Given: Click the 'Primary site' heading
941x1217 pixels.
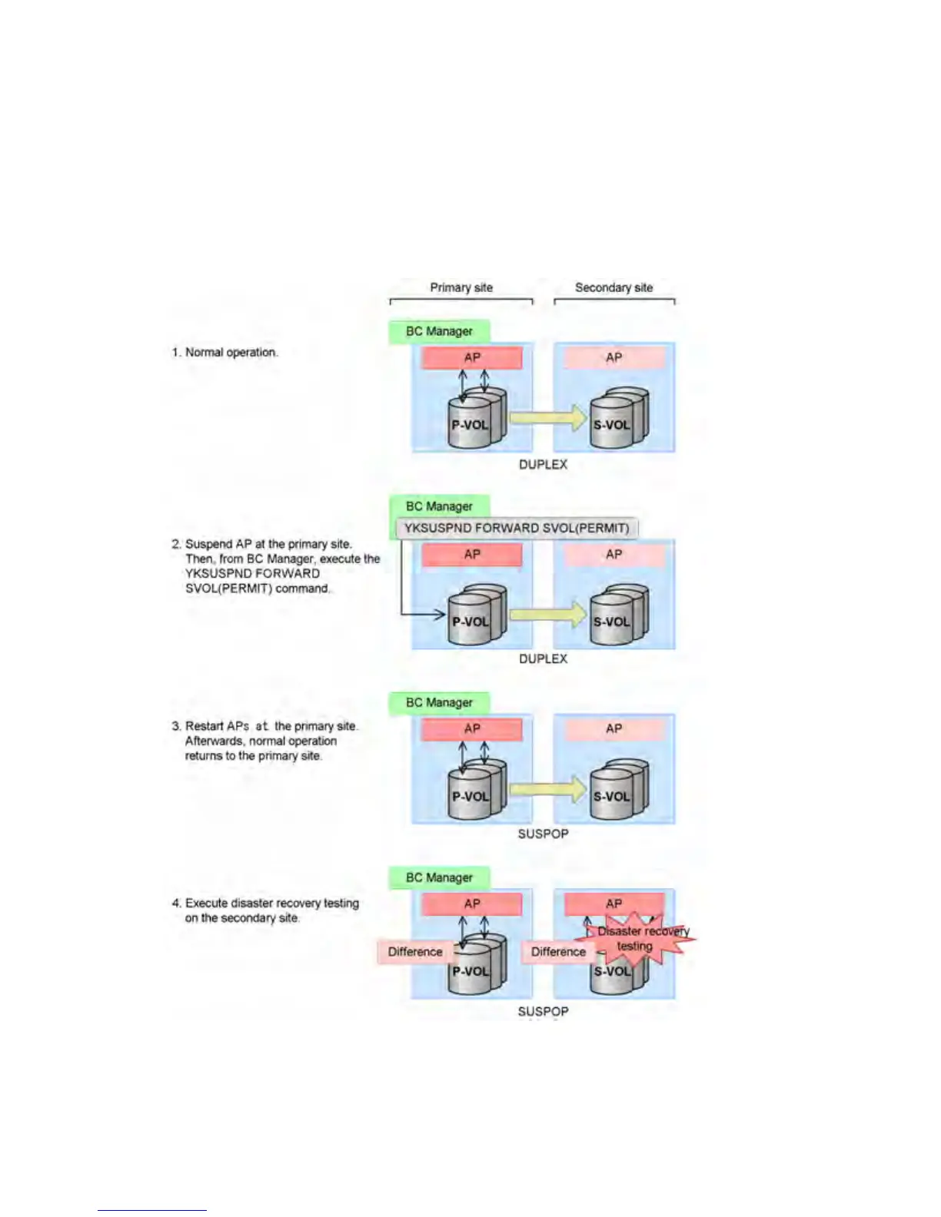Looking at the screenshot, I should coord(461,287).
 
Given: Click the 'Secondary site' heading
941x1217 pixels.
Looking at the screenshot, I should coord(613,287).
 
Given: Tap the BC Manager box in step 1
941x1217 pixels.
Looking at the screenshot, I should coord(439,331).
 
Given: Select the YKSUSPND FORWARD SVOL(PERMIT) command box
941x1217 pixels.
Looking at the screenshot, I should coord(517,528).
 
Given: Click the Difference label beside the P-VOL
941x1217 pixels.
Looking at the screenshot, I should coord(415,952).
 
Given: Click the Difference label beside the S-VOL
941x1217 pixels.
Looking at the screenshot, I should coord(558,952).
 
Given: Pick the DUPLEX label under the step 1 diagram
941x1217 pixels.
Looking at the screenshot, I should coord(543,465).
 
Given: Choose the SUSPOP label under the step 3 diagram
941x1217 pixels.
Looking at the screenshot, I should coord(543,834).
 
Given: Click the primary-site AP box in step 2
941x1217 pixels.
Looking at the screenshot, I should coord(472,554).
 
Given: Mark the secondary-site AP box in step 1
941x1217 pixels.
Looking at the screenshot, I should coord(613,357).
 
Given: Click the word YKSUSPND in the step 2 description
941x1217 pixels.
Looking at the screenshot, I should coord(214,573).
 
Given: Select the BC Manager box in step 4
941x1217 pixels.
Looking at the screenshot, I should coord(439,877).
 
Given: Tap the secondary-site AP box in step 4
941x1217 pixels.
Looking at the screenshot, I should coord(613,902).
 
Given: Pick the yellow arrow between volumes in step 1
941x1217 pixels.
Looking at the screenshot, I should coord(547,418).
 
